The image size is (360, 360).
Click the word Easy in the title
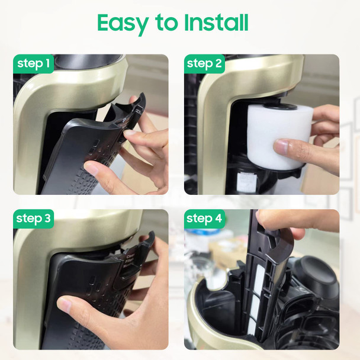pos(123,23)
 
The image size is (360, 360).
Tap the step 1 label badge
pos(33,64)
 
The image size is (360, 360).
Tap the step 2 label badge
pos(204,64)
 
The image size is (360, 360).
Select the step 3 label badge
pos(34,218)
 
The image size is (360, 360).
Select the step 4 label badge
pos(204,218)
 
